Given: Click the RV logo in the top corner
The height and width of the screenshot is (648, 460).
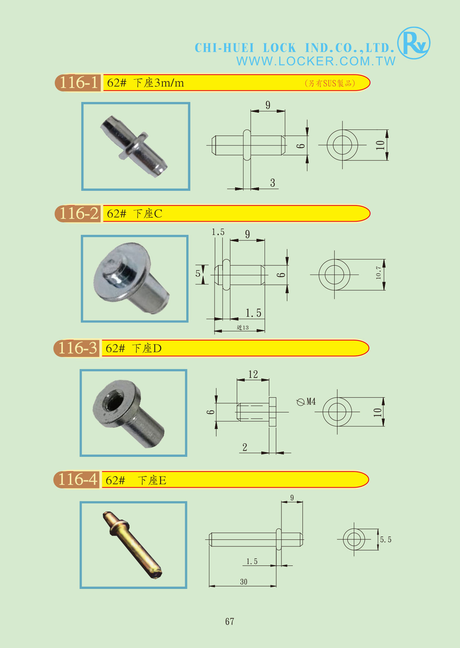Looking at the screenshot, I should point(414,43).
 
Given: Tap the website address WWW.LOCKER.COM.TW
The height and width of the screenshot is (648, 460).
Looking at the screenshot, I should point(316,61).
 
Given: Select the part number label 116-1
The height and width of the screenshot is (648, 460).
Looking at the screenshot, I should point(79,83).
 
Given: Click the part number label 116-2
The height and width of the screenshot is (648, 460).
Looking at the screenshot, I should point(79,214).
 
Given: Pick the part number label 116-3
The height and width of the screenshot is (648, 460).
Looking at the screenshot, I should point(78,348).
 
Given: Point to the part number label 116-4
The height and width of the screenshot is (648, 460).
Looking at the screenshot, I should point(78,480).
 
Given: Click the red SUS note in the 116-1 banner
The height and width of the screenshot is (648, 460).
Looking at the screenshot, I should point(330,83).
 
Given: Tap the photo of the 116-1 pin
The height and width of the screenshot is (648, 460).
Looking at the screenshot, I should point(136,146).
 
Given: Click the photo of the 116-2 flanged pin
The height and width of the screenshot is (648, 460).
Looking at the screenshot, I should point(134,279).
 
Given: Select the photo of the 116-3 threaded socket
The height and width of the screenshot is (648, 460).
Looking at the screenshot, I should point(133,413).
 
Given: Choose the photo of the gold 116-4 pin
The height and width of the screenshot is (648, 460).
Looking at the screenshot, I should point(133,545).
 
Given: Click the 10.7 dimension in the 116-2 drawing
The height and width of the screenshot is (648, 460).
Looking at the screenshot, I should point(379,273).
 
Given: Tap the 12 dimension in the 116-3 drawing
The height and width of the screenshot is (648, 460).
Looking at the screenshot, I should point(253,374).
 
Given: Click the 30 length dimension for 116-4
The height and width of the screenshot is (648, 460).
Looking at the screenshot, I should point(244,582).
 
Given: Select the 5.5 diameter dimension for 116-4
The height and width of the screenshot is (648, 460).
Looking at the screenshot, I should point(385,540).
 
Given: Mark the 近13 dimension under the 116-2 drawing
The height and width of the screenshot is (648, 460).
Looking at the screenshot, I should point(242,328).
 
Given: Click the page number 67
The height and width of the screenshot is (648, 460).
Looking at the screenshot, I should point(230,621).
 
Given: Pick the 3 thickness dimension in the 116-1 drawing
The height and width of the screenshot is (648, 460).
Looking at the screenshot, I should point(273,183).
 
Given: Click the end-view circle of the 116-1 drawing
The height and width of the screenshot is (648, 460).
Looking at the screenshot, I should point(342,145).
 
